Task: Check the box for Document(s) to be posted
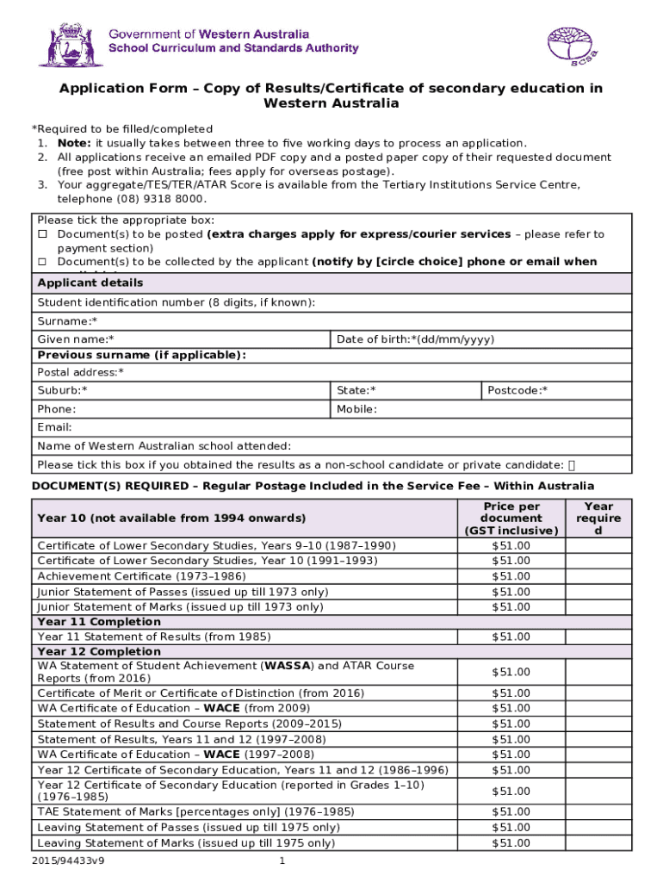[x=41, y=234]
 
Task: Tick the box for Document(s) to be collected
[x=41, y=262]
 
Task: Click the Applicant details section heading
[x=90, y=283]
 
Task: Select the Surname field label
[x=61, y=321]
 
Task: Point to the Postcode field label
[x=517, y=391]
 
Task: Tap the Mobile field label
[x=356, y=409]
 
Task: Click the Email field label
[x=54, y=427]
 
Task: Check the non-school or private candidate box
[x=573, y=465]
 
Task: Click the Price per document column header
[x=511, y=519]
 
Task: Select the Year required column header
[x=598, y=519]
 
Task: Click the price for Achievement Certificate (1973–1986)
[x=511, y=576]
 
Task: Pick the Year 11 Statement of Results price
[x=511, y=637]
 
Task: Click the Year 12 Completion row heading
[x=99, y=652]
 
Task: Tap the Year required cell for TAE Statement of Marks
[x=598, y=812]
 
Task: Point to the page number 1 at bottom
[x=282, y=861]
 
